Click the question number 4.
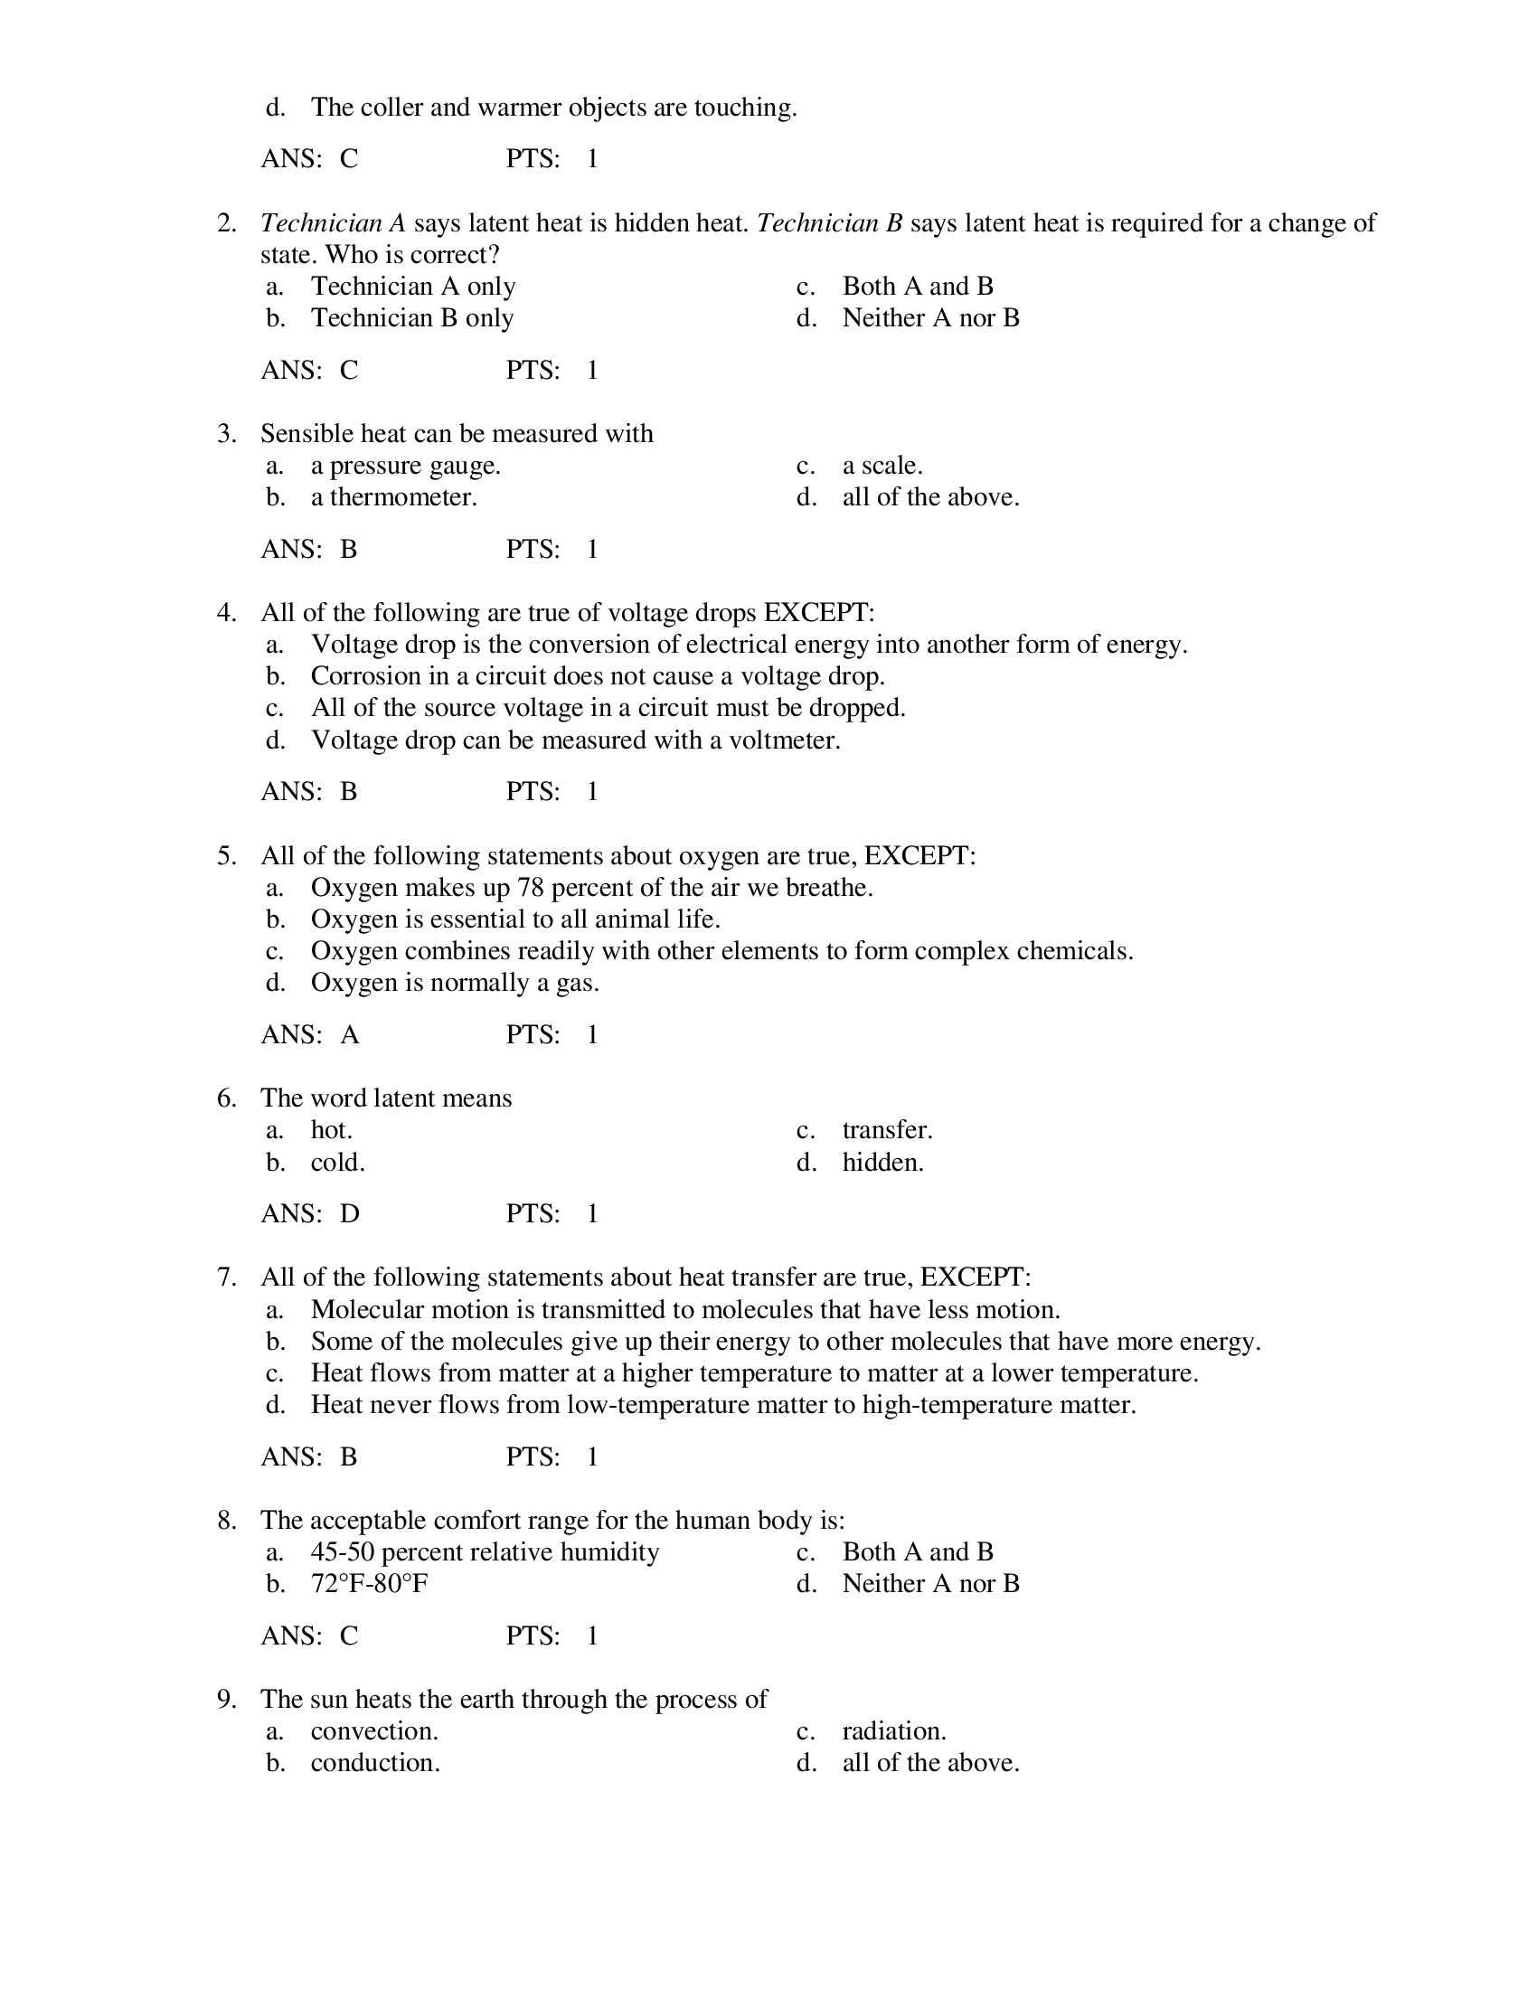pos(225,613)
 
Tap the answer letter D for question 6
pos(350,1213)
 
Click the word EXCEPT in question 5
pos(917,856)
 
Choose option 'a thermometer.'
pos(393,497)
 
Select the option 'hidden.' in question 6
pos(882,1162)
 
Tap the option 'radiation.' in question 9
pos(893,1730)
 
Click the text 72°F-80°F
pos(369,1584)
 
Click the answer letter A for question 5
pos(350,1034)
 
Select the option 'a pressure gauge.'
pos(405,466)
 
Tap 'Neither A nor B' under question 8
pos(929,1584)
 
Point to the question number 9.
pos(225,1700)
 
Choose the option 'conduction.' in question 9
pos(374,1762)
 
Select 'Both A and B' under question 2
pos(917,286)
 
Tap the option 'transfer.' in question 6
pos(887,1130)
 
